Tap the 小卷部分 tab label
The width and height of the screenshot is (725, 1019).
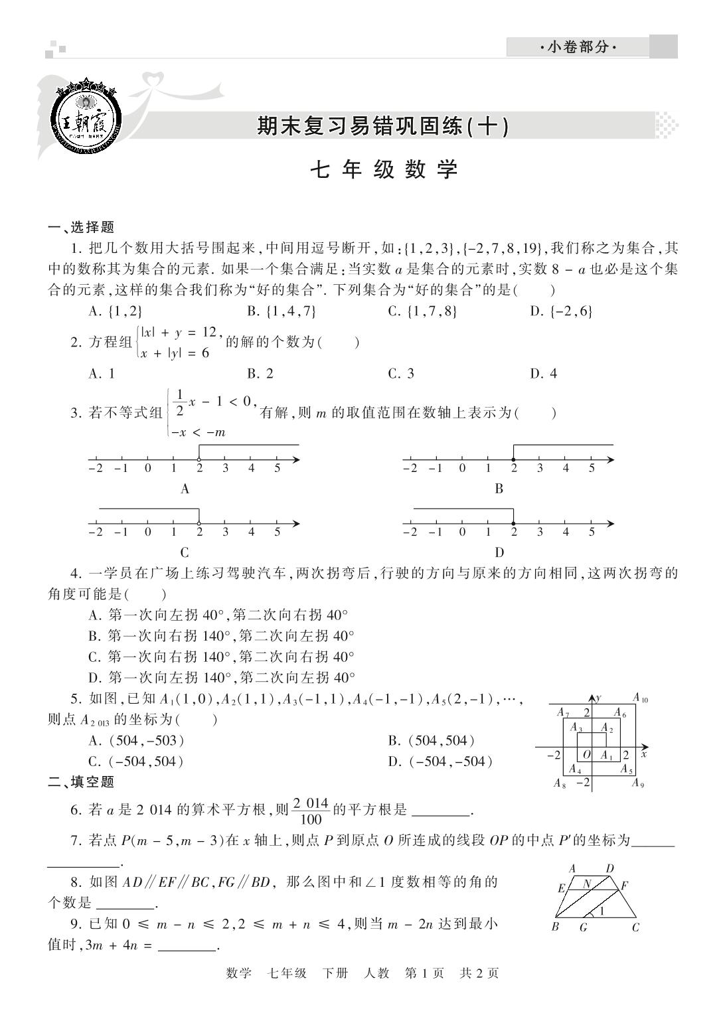(577, 47)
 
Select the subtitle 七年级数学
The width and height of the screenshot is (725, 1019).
(384, 170)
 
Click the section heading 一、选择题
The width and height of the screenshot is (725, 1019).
(82, 228)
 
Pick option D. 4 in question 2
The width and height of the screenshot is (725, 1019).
(543, 374)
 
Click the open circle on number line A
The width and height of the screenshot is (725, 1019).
(199, 460)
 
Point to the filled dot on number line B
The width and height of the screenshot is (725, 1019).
(513, 460)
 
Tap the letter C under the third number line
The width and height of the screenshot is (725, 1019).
(185, 552)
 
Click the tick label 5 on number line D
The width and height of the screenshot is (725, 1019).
(591, 532)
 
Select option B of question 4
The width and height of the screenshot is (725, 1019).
(222, 636)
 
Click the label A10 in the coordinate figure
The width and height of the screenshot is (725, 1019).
(640, 698)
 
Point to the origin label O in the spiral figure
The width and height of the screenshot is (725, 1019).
(586, 755)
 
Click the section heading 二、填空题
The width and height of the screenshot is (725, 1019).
(82, 782)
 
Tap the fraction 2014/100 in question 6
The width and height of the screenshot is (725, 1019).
(311, 810)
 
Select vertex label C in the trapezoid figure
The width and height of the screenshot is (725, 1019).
(635, 927)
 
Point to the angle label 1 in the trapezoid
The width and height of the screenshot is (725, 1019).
(602, 911)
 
